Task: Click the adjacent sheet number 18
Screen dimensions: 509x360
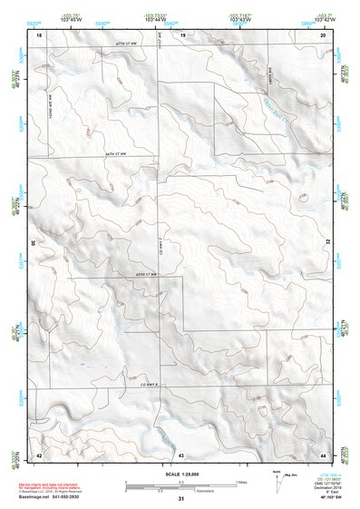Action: tap(39, 34)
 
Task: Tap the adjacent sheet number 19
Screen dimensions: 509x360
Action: tap(181, 34)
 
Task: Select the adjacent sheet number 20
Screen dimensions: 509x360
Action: tap(323, 34)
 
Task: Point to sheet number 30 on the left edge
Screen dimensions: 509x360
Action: tap(33, 243)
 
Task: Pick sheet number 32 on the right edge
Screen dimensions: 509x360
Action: tap(327, 243)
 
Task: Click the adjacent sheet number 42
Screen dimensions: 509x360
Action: tap(39, 453)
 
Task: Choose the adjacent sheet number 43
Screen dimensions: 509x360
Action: tap(181, 453)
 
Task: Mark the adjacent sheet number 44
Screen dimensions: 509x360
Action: tap(323, 453)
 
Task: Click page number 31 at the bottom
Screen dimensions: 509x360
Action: tap(180, 499)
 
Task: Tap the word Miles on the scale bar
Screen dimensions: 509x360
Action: tap(241, 480)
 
